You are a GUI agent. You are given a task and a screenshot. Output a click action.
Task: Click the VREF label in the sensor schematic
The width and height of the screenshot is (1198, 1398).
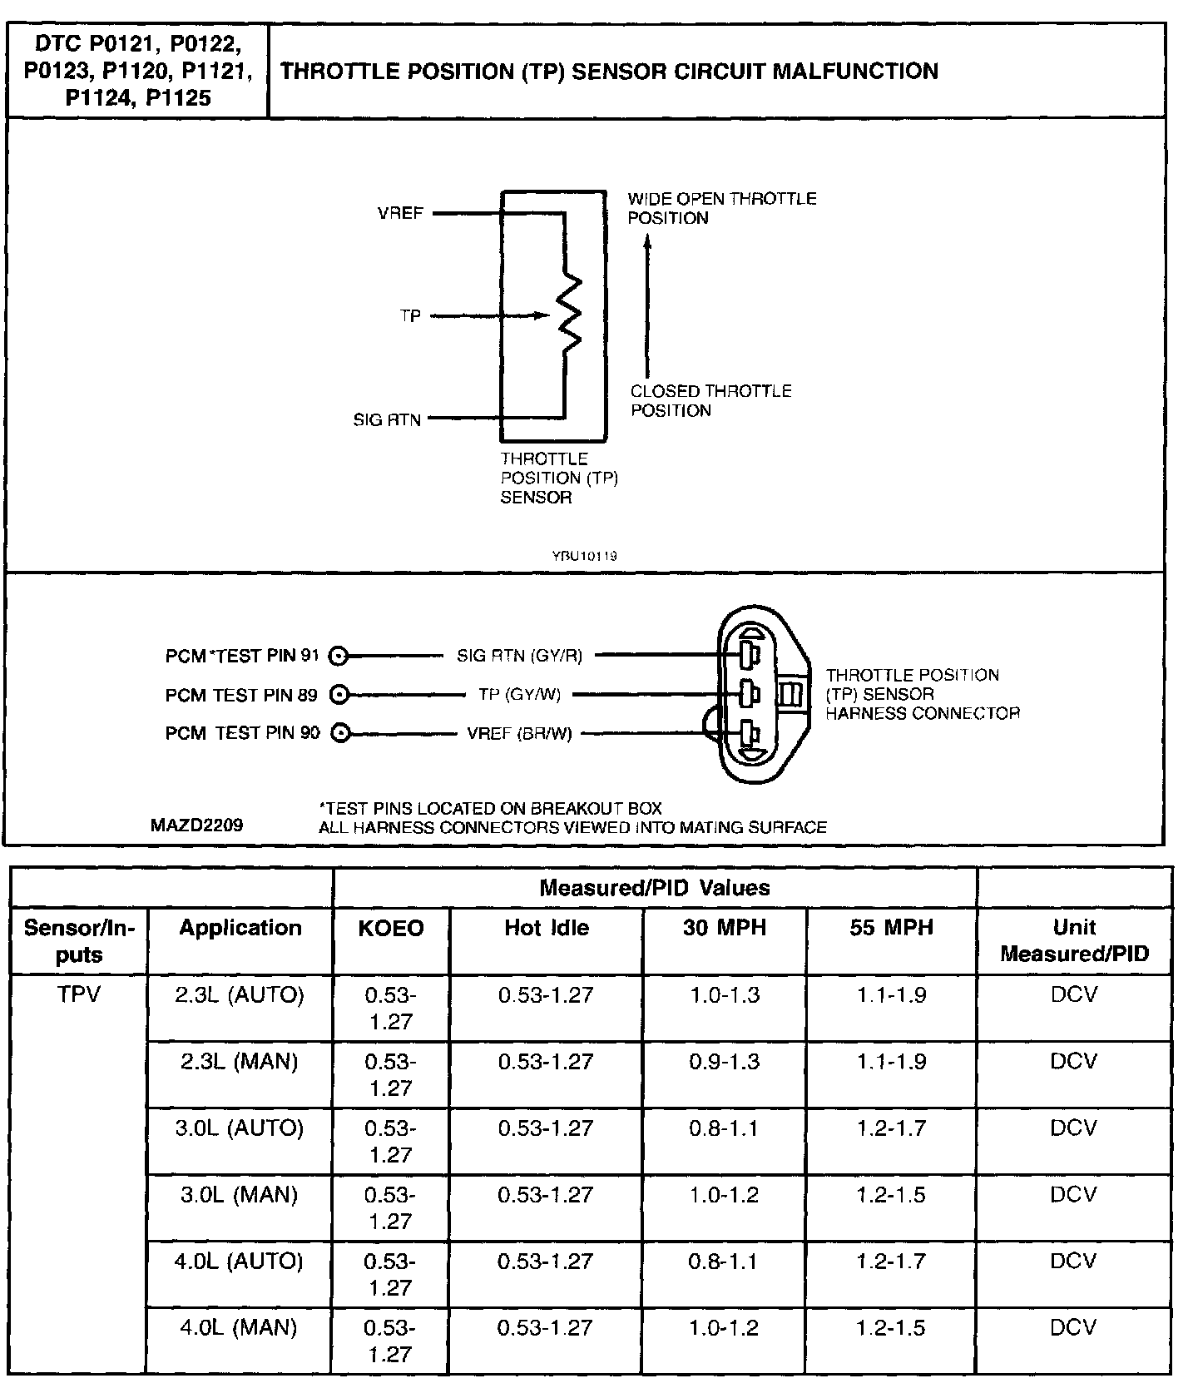point(400,213)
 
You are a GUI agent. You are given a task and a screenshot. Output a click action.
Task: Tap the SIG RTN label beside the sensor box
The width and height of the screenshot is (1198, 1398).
point(387,420)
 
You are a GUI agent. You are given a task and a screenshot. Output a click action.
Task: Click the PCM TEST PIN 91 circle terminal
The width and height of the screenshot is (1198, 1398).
point(338,657)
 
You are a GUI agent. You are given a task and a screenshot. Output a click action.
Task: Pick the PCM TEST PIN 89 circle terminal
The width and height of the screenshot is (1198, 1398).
point(338,694)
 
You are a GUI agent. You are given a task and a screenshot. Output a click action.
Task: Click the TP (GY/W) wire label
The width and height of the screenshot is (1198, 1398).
point(519,694)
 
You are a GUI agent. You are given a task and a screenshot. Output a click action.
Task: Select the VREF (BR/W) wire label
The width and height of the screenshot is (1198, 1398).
point(519,734)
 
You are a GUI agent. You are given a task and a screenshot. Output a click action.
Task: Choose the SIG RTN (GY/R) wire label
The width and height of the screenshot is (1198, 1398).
point(519,656)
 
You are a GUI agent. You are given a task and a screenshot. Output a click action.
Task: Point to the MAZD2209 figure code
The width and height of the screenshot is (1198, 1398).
point(197,825)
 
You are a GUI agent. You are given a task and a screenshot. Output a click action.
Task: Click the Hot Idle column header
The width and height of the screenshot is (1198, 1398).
point(547,928)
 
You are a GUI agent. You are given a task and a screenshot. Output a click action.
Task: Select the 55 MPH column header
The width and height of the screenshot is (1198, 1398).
point(891,928)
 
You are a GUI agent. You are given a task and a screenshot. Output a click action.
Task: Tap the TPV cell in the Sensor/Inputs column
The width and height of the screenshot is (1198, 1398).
point(79,994)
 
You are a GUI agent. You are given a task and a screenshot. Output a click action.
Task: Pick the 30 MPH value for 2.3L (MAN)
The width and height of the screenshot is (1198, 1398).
point(725,1062)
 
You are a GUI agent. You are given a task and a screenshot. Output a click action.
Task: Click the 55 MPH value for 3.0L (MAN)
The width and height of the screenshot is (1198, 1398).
point(891,1195)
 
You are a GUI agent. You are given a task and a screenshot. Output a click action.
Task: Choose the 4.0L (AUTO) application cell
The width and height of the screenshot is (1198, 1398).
point(239,1262)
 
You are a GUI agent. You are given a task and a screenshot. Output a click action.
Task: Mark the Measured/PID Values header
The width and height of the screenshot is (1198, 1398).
point(655,888)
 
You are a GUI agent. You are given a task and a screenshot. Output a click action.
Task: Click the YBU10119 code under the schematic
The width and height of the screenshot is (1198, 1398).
point(584,556)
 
